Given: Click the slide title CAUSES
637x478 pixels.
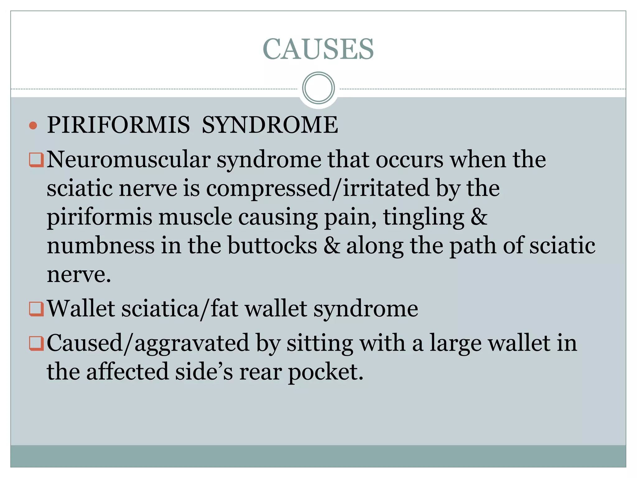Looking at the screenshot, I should coord(318,49).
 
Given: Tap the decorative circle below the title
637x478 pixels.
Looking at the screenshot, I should coord(318,88).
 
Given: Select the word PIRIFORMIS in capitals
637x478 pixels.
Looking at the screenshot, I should coord(118,125).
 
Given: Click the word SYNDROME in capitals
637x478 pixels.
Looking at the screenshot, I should coord(270,125).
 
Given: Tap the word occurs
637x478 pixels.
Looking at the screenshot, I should coord(409,160).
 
